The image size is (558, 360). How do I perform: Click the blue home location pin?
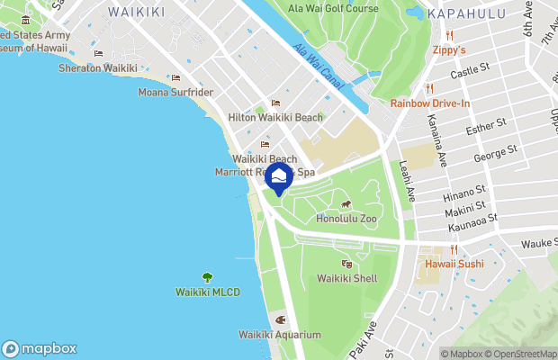point(279,177)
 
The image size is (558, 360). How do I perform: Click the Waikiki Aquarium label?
point(279,335)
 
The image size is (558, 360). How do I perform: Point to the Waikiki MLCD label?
point(207,292)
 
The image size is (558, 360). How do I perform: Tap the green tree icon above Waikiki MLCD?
point(207,278)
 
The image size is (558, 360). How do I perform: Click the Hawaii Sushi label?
point(454,264)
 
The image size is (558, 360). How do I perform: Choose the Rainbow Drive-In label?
point(430,103)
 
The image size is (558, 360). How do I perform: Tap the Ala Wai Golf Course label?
point(332,8)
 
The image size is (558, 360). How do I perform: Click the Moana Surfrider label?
point(175,92)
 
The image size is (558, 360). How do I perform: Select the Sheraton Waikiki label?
point(98,67)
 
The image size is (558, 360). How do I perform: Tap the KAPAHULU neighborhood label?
point(462,13)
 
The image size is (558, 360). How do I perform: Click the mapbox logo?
point(40,348)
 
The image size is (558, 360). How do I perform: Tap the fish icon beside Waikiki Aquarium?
point(280,319)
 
